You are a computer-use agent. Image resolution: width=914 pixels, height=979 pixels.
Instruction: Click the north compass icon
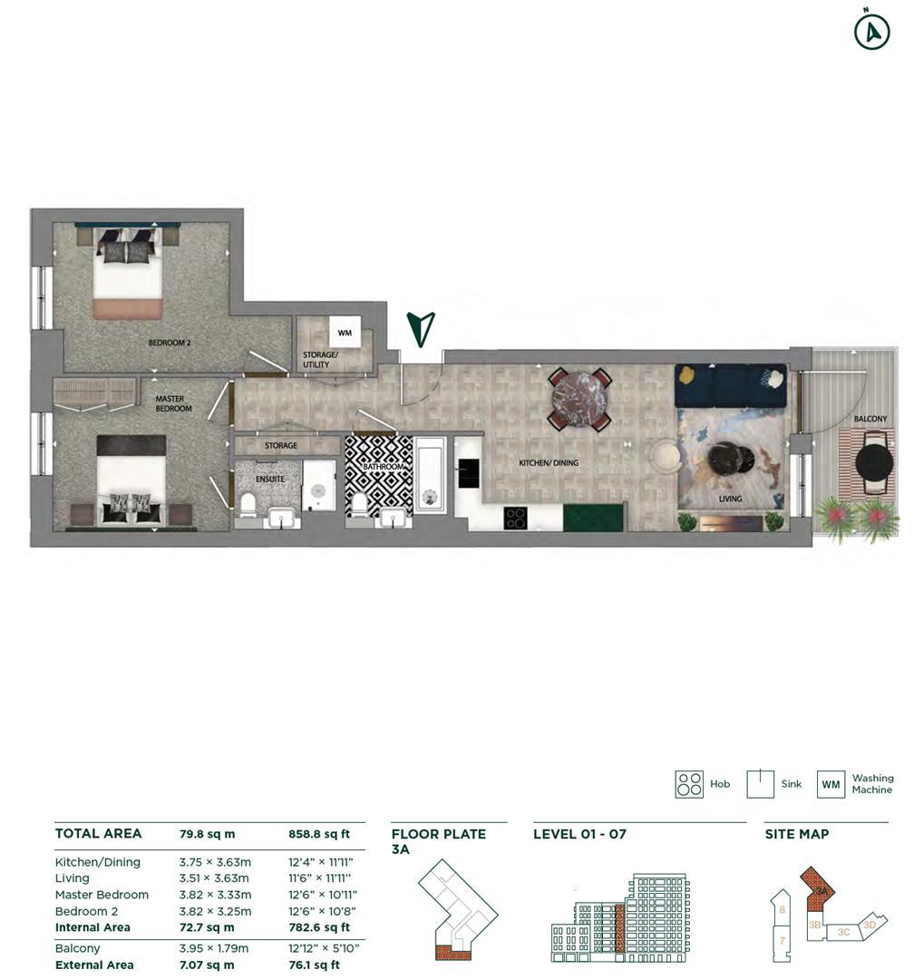871,32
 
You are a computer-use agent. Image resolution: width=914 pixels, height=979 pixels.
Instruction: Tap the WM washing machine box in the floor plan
345,333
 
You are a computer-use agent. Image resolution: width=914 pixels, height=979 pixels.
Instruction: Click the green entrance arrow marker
421,329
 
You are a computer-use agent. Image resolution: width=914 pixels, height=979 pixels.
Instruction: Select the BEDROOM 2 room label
170,343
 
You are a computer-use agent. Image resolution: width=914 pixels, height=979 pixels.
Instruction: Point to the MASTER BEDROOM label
173,403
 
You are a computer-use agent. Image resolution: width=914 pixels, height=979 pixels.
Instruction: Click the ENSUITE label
269,479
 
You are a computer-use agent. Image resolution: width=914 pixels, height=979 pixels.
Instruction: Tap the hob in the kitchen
515,518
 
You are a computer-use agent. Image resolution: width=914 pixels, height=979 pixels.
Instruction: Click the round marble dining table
579,399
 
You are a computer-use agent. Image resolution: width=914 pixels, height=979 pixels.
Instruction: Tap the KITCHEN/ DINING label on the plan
549,463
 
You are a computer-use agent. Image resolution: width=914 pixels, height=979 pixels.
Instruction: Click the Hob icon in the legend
689,784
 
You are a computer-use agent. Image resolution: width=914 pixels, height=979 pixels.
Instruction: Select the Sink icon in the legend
760,784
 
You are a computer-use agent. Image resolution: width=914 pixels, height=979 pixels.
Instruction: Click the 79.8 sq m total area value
207,834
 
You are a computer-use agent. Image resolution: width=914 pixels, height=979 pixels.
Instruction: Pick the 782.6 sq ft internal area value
319,927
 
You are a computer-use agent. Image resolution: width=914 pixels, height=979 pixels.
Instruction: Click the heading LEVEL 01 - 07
579,834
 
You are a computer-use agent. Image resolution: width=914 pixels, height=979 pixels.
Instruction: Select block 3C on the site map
843,932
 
